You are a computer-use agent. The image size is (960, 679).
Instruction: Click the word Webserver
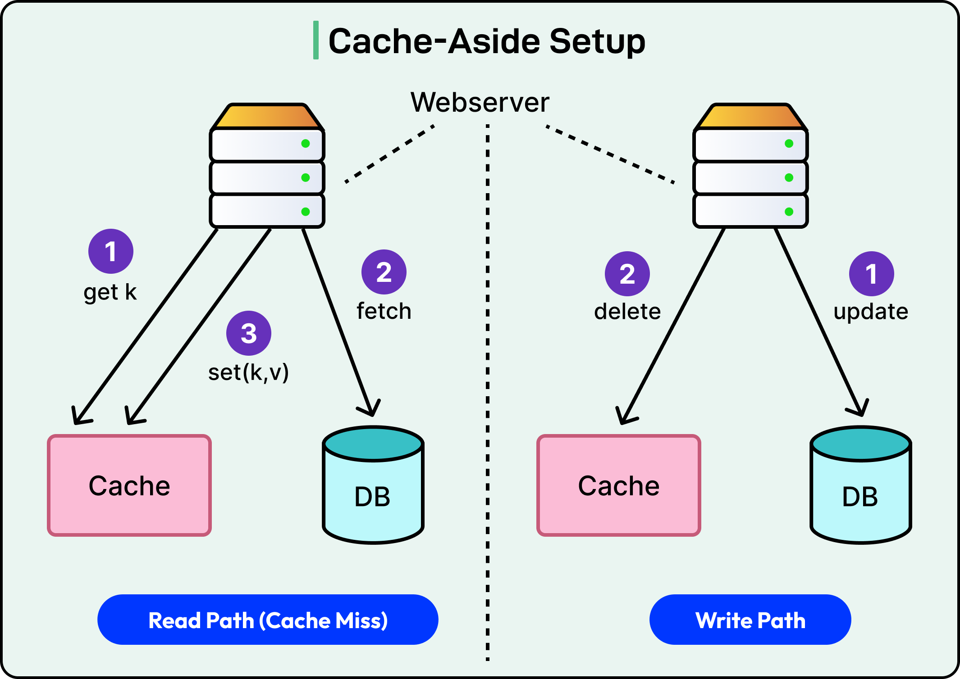[x=480, y=102]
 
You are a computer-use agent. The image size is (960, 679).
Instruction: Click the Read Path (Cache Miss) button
[x=268, y=620]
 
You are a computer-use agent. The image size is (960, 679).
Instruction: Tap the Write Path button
[x=750, y=620]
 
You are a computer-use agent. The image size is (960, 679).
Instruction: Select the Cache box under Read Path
[x=129, y=485]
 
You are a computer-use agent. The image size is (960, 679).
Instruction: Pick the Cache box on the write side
[x=619, y=485]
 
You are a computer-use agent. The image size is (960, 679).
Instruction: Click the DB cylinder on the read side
[x=373, y=485]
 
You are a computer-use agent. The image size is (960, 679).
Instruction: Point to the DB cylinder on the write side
[x=861, y=485]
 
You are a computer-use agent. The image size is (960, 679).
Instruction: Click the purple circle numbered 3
[x=249, y=333]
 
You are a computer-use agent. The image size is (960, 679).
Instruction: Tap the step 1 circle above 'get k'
[x=111, y=251]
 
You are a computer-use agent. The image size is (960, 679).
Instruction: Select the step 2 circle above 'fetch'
[x=384, y=272]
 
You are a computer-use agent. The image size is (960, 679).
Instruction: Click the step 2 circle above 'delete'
[x=627, y=274]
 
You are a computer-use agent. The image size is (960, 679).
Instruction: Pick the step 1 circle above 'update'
[x=872, y=274]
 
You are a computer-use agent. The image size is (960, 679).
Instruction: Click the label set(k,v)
[x=248, y=372]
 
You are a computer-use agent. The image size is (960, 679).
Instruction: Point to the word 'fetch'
[x=384, y=311]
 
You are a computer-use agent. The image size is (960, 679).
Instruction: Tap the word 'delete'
[x=627, y=312]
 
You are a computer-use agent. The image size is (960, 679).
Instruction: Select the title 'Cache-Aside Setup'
[x=487, y=41]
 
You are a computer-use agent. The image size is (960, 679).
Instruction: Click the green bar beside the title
[x=316, y=40]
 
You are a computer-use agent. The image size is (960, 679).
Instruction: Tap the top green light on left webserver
[x=306, y=144]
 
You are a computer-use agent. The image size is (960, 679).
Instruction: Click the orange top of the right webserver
[x=750, y=116]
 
